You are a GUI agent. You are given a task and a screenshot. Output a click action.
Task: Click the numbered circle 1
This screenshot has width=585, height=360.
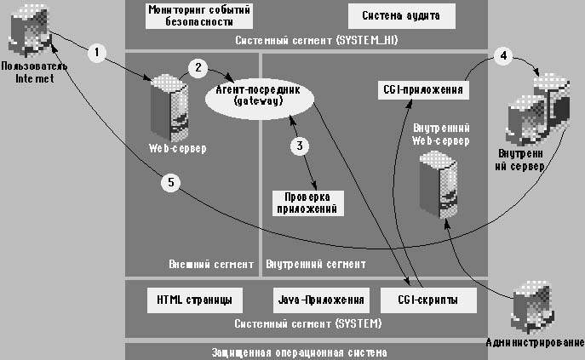click(99, 53)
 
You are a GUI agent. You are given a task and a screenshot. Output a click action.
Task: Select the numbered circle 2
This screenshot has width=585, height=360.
click(198, 66)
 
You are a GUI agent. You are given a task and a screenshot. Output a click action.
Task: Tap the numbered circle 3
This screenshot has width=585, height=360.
click(299, 146)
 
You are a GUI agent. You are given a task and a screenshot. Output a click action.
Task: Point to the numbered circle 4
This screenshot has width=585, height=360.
click(503, 58)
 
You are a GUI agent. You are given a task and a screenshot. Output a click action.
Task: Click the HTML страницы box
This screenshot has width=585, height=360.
click(194, 300)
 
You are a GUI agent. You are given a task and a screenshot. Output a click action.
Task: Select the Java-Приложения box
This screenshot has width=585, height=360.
click(321, 300)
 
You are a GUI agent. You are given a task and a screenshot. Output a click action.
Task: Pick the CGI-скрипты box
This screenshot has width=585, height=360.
click(427, 300)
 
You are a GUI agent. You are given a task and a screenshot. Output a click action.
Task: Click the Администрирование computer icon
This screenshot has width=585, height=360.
click(535, 313)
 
